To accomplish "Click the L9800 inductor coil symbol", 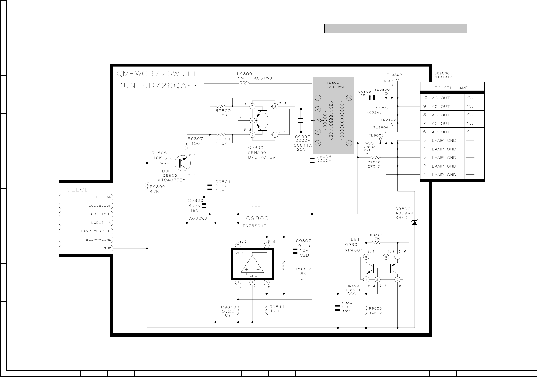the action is tap(244, 83).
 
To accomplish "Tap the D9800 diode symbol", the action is tap(414, 223).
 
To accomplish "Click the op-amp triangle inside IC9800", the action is tap(252, 264).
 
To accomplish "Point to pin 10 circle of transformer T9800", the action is tap(349, 98).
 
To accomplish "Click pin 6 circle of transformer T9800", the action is tap(349, 143).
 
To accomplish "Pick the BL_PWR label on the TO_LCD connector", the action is tap(104, 197).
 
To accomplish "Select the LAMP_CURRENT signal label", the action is tap(96, 231).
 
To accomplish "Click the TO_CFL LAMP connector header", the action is tap(452, 88).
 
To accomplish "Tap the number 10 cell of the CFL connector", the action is tap(424, 98).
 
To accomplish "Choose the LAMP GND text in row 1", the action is tap(444, 175).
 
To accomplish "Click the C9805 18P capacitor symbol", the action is tap(372, 98).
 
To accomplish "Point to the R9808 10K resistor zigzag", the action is tap(164, 163).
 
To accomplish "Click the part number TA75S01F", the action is tap(254, 226).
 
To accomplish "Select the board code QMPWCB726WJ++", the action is tap(157, 74).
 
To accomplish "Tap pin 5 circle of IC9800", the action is tap(238, 245).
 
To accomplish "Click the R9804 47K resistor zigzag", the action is tap(376, 243).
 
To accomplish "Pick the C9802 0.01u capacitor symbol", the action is tap(338, 308).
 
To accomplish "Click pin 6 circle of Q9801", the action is tap(366, 257).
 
